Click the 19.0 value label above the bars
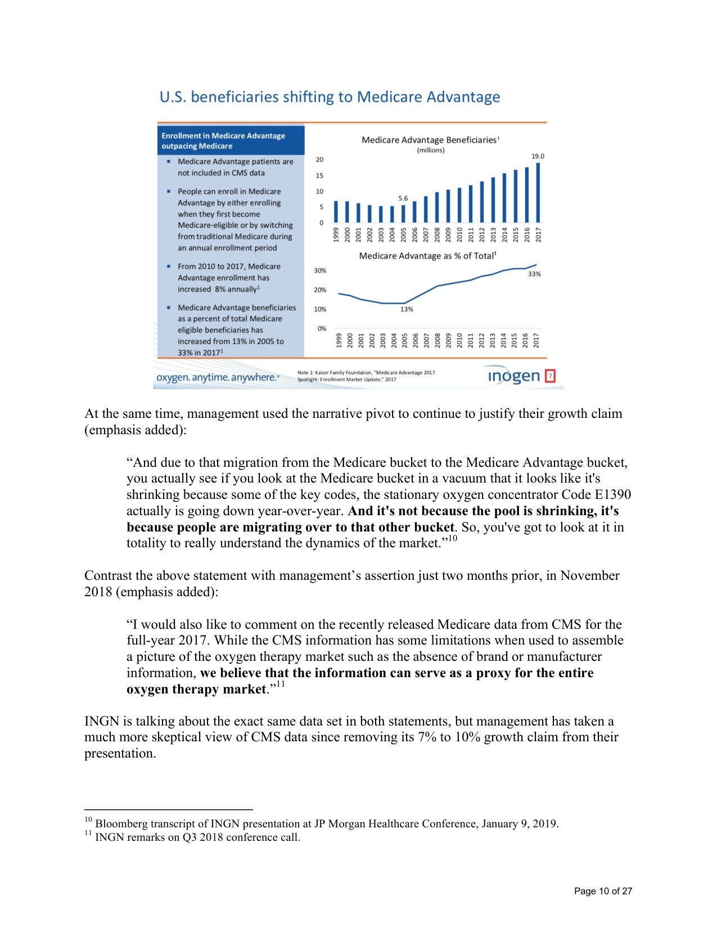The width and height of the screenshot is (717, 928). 538,156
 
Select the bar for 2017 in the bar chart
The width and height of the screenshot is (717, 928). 538,193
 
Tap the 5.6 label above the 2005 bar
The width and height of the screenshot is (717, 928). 403,199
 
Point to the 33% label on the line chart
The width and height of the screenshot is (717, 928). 534,274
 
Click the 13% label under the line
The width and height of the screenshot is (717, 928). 407,309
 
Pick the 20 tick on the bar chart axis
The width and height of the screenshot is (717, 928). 319,160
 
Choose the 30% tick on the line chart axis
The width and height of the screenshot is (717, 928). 320,271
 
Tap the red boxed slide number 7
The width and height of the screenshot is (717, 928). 551,376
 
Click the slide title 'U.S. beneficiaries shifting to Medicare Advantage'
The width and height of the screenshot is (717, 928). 330,97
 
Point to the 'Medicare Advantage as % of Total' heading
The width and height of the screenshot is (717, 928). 427,256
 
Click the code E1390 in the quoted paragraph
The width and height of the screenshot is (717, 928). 612,494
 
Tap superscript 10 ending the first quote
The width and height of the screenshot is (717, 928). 452,539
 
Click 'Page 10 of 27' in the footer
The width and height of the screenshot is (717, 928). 603,891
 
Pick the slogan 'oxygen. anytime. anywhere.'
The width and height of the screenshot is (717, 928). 217,377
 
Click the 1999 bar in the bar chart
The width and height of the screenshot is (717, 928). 336,211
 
